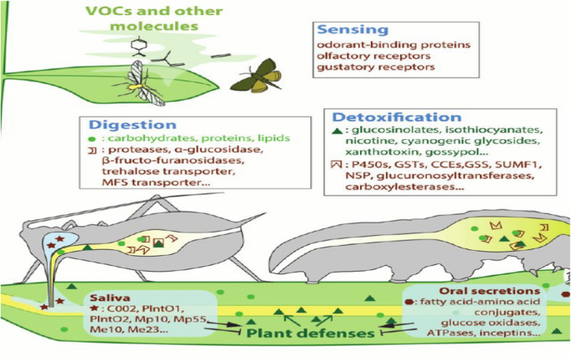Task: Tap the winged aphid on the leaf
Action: (x=143, y=82)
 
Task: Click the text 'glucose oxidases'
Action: (x=470, y=322)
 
